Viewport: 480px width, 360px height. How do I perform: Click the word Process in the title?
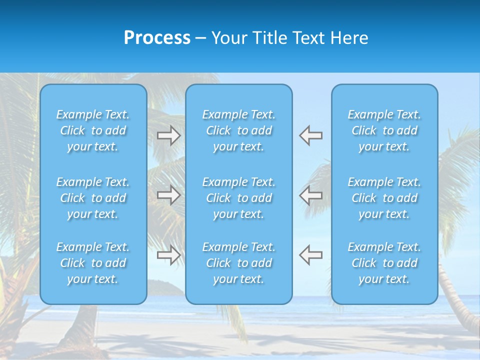point(157,38)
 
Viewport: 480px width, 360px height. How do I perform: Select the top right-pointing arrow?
point(168,135)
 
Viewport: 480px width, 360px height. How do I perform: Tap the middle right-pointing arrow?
point(168,195)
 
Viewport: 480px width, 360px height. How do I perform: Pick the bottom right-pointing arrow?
point(168,255)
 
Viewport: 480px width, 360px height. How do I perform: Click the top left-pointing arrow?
point(311,135)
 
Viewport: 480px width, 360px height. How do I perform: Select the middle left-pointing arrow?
point(311,195)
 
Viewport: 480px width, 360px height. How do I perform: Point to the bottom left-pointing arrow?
point(311,255)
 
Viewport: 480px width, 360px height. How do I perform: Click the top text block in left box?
point(93,130)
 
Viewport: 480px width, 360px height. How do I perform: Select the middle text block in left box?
point(93,198)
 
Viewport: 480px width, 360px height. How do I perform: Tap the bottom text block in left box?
point(93,263)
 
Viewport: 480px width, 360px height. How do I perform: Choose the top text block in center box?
point(239,130)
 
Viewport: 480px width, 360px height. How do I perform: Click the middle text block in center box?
point(239,198)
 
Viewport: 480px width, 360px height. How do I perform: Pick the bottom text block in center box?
point(239,263)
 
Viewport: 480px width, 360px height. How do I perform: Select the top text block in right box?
point(384,130)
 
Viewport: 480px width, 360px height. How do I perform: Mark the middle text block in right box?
point(384,198)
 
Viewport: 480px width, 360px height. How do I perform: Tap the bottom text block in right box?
point(384,263)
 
